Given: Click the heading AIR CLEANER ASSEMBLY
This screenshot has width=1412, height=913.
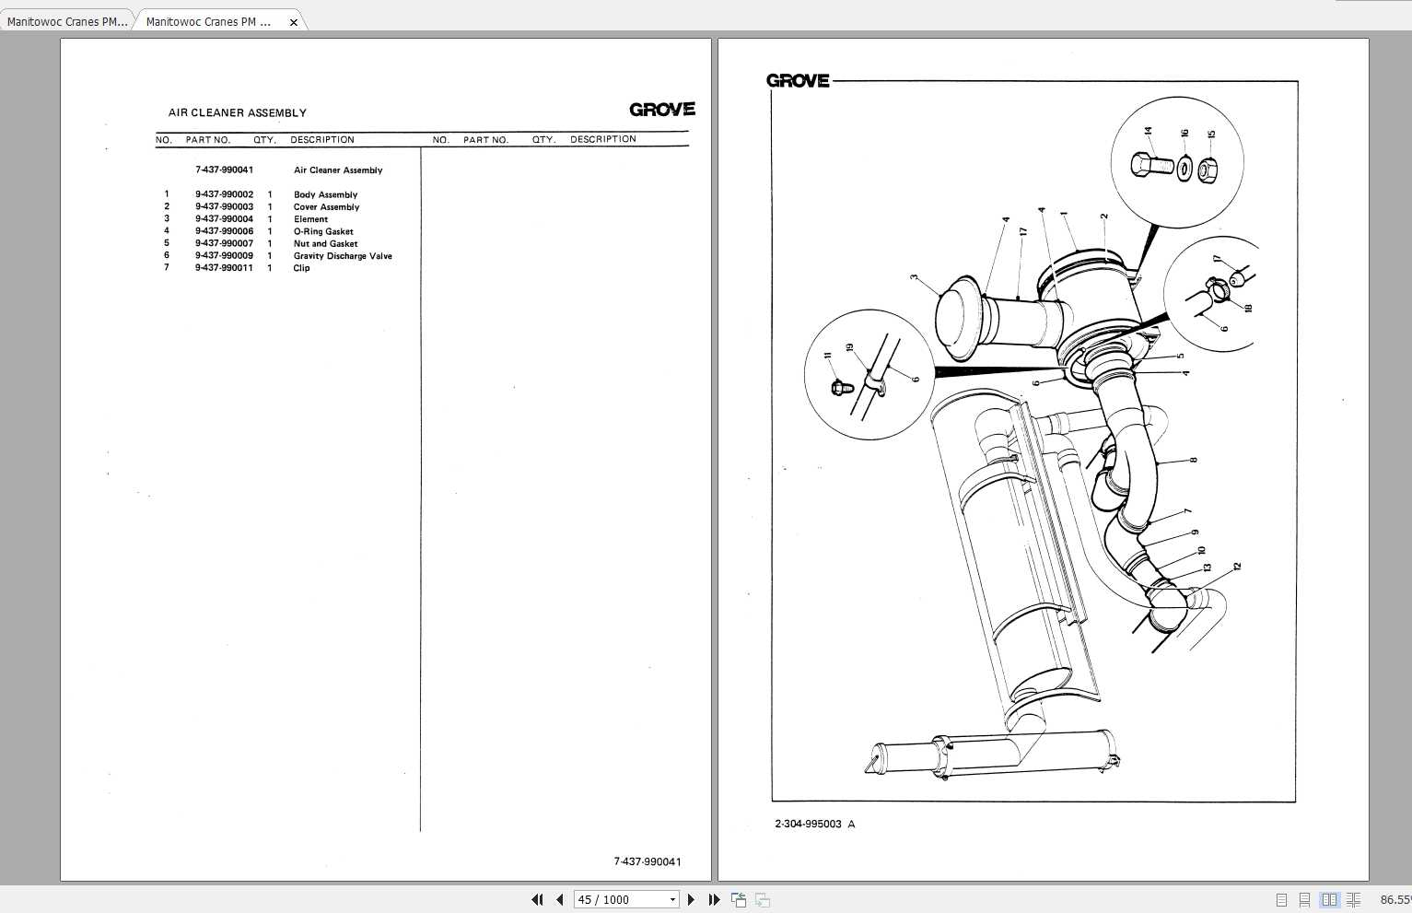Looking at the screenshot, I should coord(237,112).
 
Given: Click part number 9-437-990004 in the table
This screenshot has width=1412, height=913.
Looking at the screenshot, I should coord(224,219).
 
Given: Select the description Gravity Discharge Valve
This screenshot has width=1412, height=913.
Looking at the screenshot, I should coord(343,256).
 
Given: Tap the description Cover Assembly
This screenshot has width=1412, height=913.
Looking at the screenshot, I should coord(326,207).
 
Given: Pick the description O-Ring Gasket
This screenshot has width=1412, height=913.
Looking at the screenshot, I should coord(323,232).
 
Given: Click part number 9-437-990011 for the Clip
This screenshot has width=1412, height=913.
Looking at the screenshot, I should coord(224,268).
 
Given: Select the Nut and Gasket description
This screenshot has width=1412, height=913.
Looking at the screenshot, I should coord(325,244).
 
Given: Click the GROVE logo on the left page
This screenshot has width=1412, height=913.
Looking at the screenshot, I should coord(661,110).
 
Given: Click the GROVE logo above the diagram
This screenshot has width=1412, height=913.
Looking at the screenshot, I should coord(798,81).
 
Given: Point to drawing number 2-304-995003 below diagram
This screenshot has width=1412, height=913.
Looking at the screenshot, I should coord(808,825).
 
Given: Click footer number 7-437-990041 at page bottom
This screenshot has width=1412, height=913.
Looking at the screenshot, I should coord(648,862).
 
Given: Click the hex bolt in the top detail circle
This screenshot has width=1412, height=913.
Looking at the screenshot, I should coord(1151,166).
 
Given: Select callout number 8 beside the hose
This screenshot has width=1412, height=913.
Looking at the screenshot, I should coord(1194,460).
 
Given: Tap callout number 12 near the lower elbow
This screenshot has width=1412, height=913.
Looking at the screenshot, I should coord(1237,567).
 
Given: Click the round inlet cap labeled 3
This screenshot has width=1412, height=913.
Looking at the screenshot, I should coord(959,318).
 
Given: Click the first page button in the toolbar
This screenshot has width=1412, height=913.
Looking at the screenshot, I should coord(537,900).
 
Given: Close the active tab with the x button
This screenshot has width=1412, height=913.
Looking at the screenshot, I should coord(294,22).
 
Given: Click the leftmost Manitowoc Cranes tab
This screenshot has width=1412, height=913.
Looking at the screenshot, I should coord(67,21).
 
